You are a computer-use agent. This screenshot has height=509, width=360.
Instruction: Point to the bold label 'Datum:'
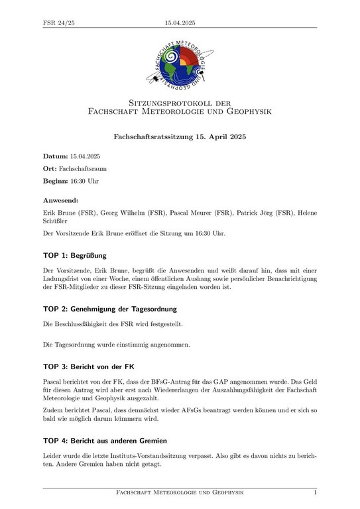[56, 156]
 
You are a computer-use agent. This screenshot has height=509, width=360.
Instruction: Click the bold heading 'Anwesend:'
[61, 199]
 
